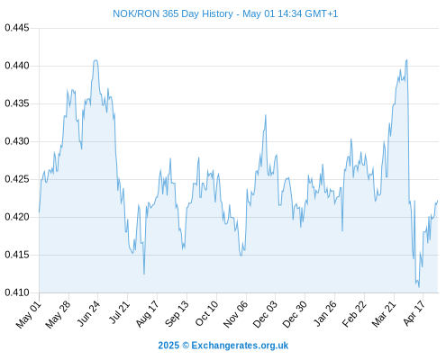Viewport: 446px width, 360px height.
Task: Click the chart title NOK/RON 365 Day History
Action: click(173, 13)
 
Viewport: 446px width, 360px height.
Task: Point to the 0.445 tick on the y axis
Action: click(17, 28)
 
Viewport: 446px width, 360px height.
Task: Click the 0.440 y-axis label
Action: click(17, 66)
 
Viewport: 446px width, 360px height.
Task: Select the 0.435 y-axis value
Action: click(17, 103)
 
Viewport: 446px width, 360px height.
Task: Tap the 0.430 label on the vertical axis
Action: click(17, 141)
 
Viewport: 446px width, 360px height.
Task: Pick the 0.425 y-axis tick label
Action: click(17, 179)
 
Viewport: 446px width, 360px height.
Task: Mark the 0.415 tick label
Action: click(17, 255)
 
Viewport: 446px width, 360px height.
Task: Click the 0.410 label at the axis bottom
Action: click(17, 292)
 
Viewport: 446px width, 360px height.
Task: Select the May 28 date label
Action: click(58, 314)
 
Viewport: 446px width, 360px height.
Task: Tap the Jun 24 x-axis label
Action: click(88, 313)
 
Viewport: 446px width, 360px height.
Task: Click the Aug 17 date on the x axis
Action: click(147, 314)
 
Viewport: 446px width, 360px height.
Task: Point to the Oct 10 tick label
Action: click(206, 313)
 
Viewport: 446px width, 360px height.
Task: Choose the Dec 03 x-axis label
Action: click(265, 314)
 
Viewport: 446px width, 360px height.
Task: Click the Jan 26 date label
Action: click(325, 313)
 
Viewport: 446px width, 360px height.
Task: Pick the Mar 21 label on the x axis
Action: click(384, 314)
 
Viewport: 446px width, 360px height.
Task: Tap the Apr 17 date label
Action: click(414, 313)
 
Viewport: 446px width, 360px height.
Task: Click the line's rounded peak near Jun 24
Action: click(96, 60)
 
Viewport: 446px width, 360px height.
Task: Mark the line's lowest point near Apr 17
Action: click(419, 287)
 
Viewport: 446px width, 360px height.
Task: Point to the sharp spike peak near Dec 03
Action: click(266, 115)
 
